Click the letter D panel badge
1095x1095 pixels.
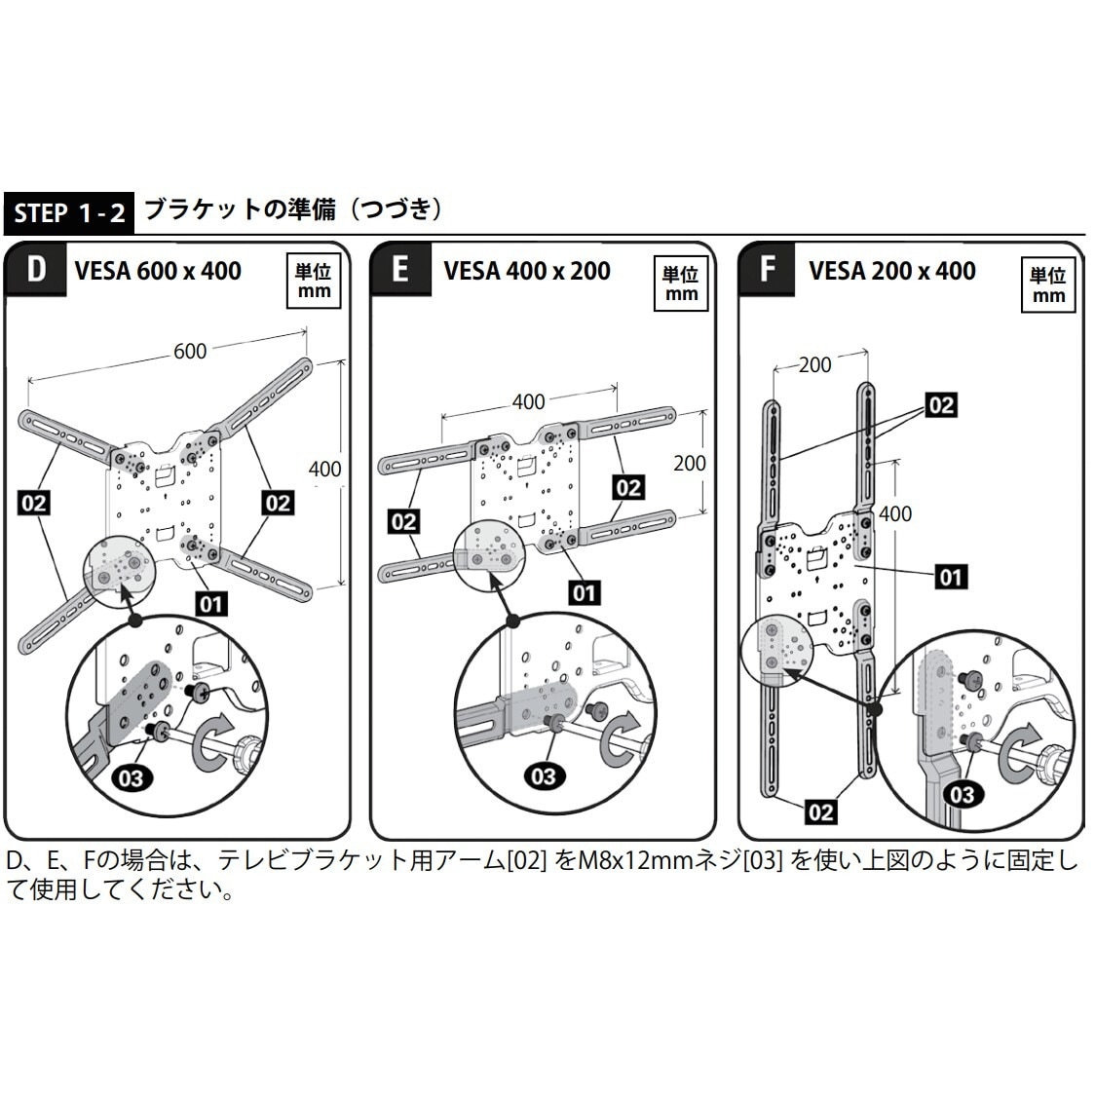coord(36,270)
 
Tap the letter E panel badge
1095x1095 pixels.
coord(400,270)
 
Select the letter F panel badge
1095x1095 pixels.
coord(767,270)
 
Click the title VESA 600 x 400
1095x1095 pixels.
coord(158,271)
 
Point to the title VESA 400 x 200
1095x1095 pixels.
coord(527,271)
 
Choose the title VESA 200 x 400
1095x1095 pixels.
coord(892,271)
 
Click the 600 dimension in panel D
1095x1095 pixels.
coord(190,350)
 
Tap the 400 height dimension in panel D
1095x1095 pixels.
coord(324,469)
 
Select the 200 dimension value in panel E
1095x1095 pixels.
coord(690,462)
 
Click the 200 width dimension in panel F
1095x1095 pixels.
coord(814,364)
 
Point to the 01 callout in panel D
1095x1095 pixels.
coord(210,604)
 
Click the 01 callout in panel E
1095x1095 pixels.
coord(584,592)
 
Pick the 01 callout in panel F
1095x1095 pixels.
coord(950,577)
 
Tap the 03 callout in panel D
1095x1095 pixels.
coord(130,777)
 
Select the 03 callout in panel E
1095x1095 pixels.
coord(543,775)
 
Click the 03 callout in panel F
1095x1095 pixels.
coord(961,794)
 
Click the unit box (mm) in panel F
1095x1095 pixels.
coord(1048,285)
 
